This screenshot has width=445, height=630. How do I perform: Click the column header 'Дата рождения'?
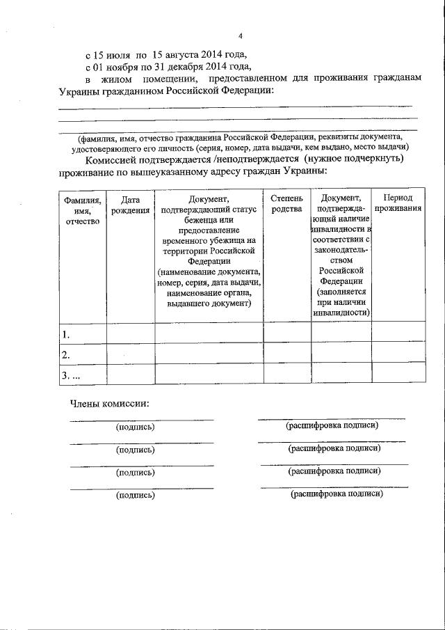(x=130, y=205)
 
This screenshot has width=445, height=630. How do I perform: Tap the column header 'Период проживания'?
(x=398, y=204)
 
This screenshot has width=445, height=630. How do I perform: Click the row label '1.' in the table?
(x=66, y=335)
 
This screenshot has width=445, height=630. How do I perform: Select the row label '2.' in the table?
(x=66, y=356)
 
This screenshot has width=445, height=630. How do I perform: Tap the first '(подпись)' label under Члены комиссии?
(x=135, y=427)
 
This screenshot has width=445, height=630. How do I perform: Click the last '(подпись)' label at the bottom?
(x=135, y=496)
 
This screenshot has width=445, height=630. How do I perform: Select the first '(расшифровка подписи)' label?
(x=332, y=425)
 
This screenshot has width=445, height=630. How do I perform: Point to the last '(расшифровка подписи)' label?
(x=337, y=493)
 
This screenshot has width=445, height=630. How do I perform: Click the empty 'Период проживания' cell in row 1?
(x=398, y=332)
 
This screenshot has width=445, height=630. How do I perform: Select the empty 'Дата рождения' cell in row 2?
(x=130, y=354)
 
